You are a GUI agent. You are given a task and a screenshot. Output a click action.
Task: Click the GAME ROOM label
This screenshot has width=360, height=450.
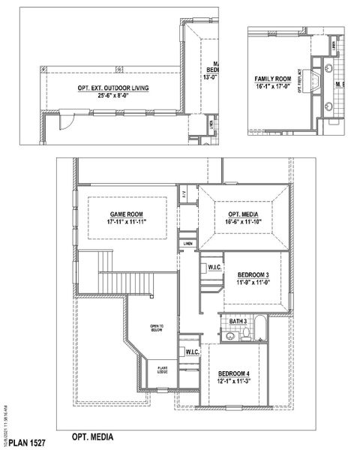tap(126, 214)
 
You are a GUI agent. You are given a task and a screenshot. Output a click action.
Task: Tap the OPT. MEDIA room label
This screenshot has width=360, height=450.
tap(243, 214)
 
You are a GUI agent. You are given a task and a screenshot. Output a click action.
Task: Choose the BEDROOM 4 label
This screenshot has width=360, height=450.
tap(234, 373)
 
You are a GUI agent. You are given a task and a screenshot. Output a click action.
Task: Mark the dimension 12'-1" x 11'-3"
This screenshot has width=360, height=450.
tap(234, 382)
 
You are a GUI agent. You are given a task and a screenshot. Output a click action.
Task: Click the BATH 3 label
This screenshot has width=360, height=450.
tap(238, 322)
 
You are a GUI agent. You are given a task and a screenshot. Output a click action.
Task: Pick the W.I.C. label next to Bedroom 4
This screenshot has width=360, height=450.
tap(191, 352)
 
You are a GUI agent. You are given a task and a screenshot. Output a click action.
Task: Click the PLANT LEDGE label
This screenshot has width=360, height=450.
tap(162, 370)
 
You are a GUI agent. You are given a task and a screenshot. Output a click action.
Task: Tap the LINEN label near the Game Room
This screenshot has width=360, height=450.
tap(187, 244)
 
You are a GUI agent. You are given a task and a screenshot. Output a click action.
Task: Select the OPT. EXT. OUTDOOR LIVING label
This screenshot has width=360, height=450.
tap(112, 88)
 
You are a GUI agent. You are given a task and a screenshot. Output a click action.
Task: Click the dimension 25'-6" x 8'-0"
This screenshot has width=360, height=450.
tap(112, 96)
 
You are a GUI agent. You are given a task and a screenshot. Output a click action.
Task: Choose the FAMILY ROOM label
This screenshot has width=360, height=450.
tap(273, 78)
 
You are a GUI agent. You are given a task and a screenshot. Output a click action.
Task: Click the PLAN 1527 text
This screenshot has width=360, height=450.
tap(28, 444)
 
